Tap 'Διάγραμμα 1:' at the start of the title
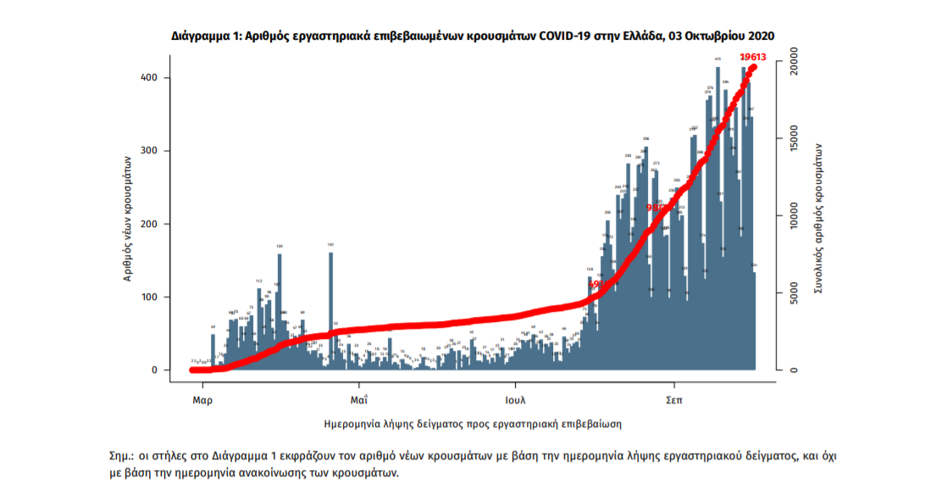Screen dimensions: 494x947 coord(207,36)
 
